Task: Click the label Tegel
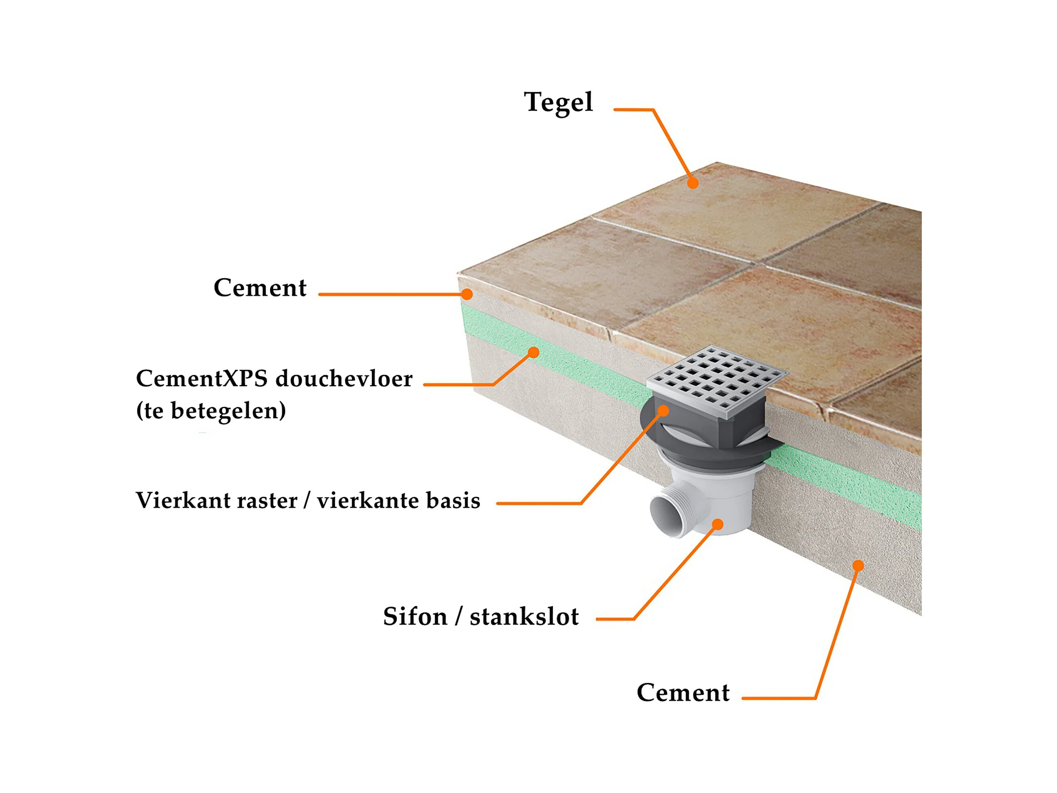[x=558, y=102]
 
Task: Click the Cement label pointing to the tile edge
[x=260, y=288]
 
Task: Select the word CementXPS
[x=202, y=379]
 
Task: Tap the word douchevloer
[x=343, y=379]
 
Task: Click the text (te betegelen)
[x=211, y=410]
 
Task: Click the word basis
[x=453, y=500]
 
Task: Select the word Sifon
[x=415, y=616]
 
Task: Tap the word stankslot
[x=524, y=616]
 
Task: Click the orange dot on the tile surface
[x=693, y=183]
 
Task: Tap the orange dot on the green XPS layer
[x=534, y=353]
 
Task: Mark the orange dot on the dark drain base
[x=663, y=410]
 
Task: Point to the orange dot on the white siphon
[x=717, y=524]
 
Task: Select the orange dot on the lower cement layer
[x=858, y=566]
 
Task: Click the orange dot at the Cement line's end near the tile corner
[x=467, y=294]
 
